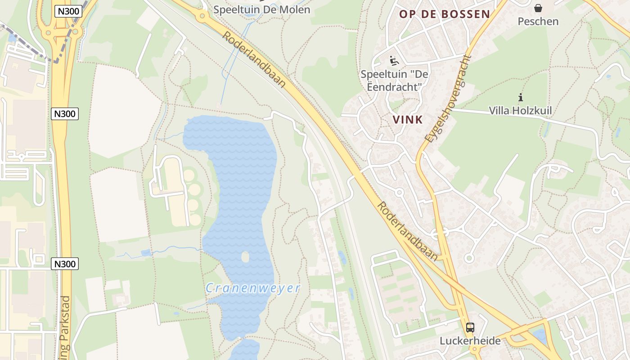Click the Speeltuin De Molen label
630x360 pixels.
[262, 9]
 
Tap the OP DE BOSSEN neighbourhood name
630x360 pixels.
[445, 14]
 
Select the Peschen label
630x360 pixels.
[538, 21]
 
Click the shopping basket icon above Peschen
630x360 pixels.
[538, 8]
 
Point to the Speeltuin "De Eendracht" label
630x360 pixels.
[394, 80]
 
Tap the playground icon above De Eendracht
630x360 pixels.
[394, 60]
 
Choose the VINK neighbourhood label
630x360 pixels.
[408, 120]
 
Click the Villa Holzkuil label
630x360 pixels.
[520, 110]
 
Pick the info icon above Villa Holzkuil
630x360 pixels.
[521, 97]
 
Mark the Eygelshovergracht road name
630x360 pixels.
[448, 99]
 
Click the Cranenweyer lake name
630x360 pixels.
[253, 288]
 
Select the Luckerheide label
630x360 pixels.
[470, 341]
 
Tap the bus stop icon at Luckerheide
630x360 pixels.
[470, 327]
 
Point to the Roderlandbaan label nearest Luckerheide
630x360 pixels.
[407, 230]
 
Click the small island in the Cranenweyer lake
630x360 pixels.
[245, 257]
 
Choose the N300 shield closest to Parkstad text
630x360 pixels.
[65, 264]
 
